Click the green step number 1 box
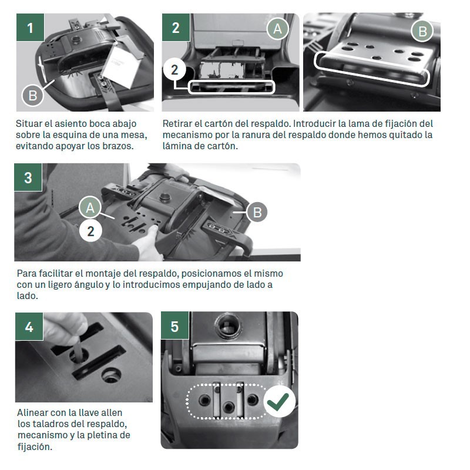(x=31, y=27)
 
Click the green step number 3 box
(x=28, y=177)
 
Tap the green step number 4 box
(x=29, y=327)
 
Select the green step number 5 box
(x=174, y=325)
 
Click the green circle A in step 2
(x=277, y=29)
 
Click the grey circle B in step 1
(x=33, y=96)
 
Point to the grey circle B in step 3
(x=257, y=212)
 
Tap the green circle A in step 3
(x=90, y=207)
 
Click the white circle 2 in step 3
(x=90, y=231)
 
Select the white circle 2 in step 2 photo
(x=174, y=70)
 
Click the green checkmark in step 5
(x=279, y=401)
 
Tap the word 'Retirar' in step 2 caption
(x=177, y=123)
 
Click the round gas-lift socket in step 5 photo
(x=229, y=326)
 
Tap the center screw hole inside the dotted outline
(x=229, y=407)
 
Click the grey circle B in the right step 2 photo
(x=422, y=31)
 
